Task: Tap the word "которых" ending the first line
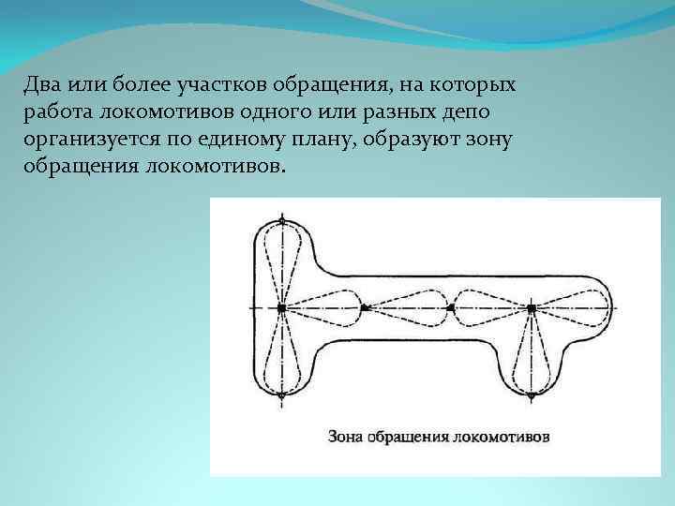pyautogui.click(x=479, y=86)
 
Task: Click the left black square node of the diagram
pyautogui.click(x=281, y=307)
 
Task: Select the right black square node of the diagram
pyautogui.click(x=532, y=307)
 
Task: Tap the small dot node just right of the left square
pyautogui.click(x=364, y=307)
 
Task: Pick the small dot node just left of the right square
pyautogui.click(x=451, y=307)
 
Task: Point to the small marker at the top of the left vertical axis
pyautogui.click(x=281, y=221)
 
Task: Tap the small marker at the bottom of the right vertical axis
pyautogui.click(x=532, y=395)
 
